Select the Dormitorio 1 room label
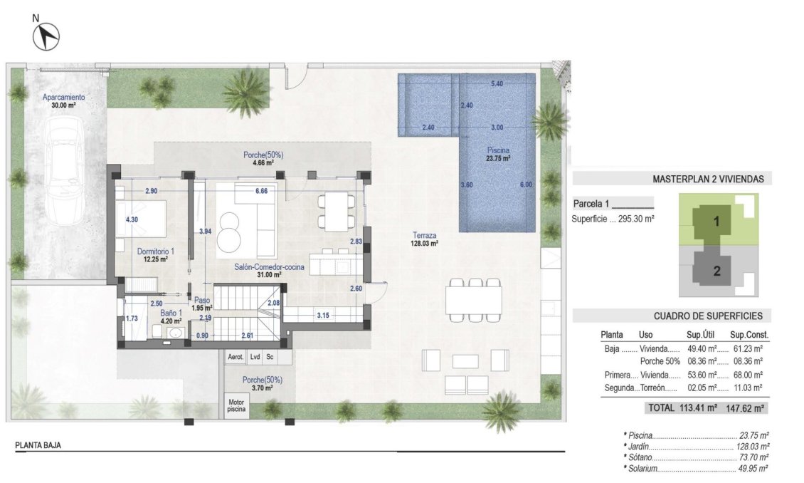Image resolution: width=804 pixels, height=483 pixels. (x=155, y=254)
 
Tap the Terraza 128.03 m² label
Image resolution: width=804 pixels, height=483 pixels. (x=424, y=239)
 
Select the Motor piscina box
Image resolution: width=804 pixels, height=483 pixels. (x=236, y=405)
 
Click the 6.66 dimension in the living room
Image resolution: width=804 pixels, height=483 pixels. (x=261, y=191)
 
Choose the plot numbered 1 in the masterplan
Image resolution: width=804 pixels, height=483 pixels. (x=716, y=222)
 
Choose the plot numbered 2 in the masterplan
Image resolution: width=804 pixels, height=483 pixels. (x=716, y=271)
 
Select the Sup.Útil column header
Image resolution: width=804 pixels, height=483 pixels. (x=702, y=334)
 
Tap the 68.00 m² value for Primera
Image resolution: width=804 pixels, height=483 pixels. (x=746, y=375)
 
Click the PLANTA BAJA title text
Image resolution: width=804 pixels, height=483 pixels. (x=38, y=445)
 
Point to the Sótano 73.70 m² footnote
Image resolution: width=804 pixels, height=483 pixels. (x=696, y=457)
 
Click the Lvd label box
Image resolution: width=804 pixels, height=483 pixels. (x=255, y=357)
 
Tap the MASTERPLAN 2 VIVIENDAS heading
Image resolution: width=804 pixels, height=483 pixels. (x=708, y=180)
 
